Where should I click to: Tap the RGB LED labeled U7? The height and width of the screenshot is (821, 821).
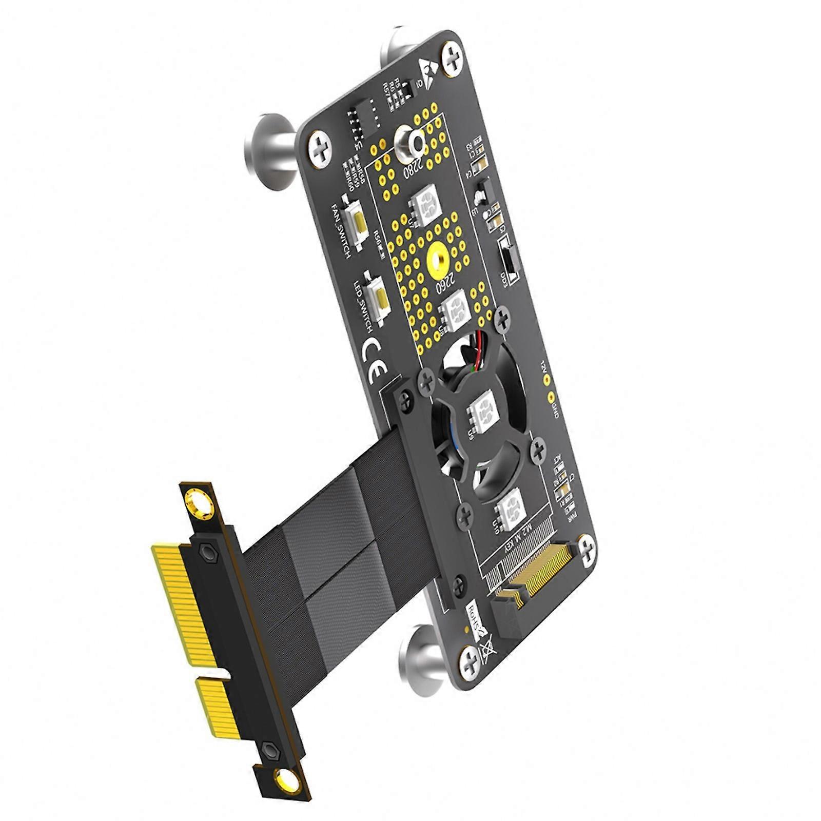pos(425,205)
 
